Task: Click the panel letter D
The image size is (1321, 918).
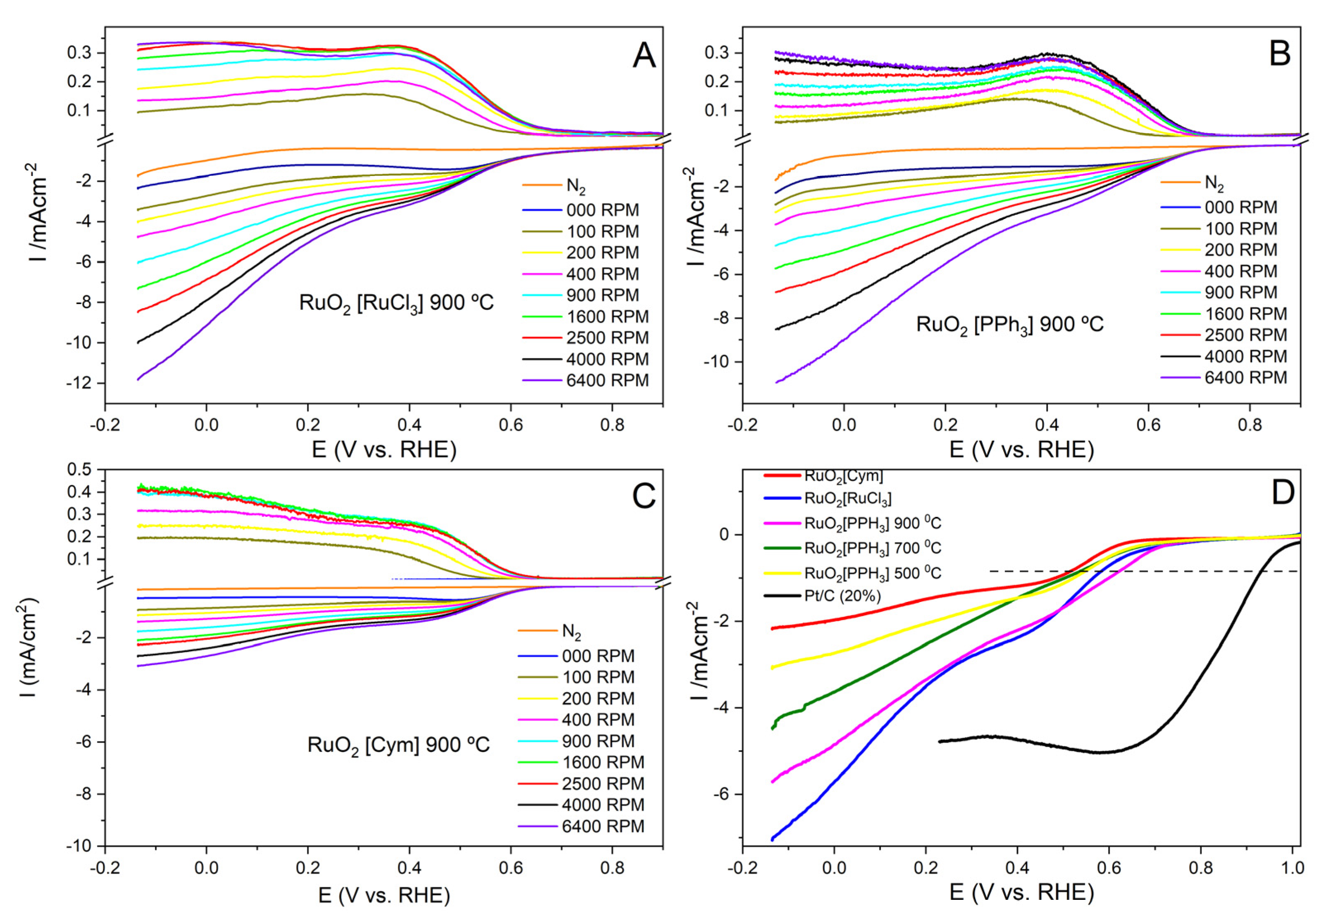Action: (x=1282, y=493)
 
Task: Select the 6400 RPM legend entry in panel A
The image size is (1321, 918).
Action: (x=607, y=380)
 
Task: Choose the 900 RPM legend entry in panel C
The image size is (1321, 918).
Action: (x=598, y=741)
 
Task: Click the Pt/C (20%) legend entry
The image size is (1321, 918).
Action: (x=842, y=596)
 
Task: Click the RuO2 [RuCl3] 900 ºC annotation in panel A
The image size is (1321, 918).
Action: (x=396, y=303)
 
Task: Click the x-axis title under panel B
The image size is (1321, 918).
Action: (x=1021, y=450)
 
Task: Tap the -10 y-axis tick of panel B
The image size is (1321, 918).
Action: (x=718, y=362)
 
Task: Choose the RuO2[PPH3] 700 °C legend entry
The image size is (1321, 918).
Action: (x=872, y=548)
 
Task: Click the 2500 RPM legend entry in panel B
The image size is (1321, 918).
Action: (x=1245, y=335)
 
